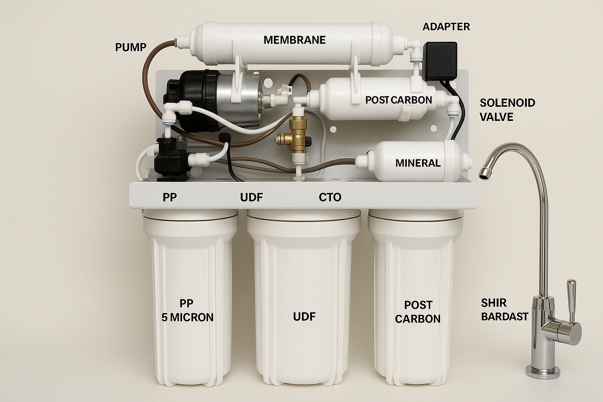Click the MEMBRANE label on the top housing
pos(294,40)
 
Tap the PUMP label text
pos(131,48)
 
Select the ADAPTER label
pos(446,27)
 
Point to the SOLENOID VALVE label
pos(508,110)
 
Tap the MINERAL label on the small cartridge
pos(418,163)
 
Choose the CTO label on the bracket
pos(330,197)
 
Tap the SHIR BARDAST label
pos(504,310)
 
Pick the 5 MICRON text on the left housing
pos(187,318)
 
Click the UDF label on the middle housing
pos(304,317)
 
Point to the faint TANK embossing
pos(187,369)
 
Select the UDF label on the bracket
pos(251,197)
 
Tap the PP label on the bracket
pos(170,197)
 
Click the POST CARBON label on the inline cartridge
pos(398,100)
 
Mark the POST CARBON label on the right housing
pos(418,312)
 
